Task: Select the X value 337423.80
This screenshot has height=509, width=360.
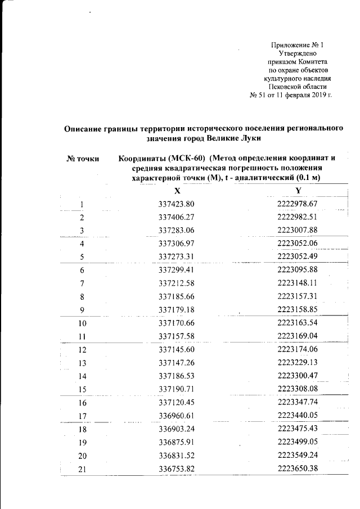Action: pyautogui.click(x=177, y=204)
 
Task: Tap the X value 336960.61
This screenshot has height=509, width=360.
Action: pyautogui.click(x=177, y=417)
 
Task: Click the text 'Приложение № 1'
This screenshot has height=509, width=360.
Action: pyautogui.click(x=298, y=44)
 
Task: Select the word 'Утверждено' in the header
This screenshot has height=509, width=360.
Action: pyautogui.click(x=298, y=53)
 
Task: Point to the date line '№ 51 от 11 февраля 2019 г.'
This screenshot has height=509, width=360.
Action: pyautogui.click(x=290, y=94)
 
